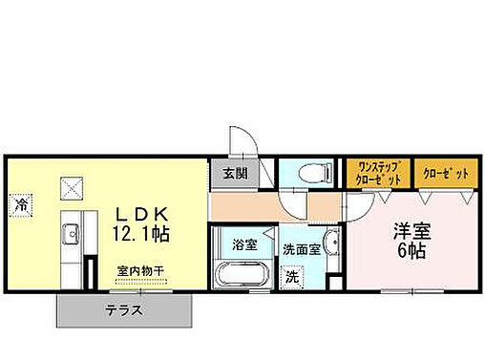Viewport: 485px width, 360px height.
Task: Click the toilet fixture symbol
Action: tap(312, 173)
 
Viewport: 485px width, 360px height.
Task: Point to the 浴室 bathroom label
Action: tap(245, 244)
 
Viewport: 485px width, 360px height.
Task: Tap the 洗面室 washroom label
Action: tap(301, 249)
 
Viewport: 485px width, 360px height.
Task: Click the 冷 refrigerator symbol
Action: tap(21, 203)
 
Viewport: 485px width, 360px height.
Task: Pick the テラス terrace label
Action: tap(125, 309)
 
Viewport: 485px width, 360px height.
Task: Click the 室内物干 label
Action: tap(140, 271)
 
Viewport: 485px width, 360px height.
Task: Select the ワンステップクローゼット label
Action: tap(378, 174)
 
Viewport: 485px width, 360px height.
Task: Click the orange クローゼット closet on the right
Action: tap(445, 174)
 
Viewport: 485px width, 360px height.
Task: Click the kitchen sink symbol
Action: tap(70, 235)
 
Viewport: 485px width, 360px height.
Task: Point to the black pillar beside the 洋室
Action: tap(333, 283)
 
